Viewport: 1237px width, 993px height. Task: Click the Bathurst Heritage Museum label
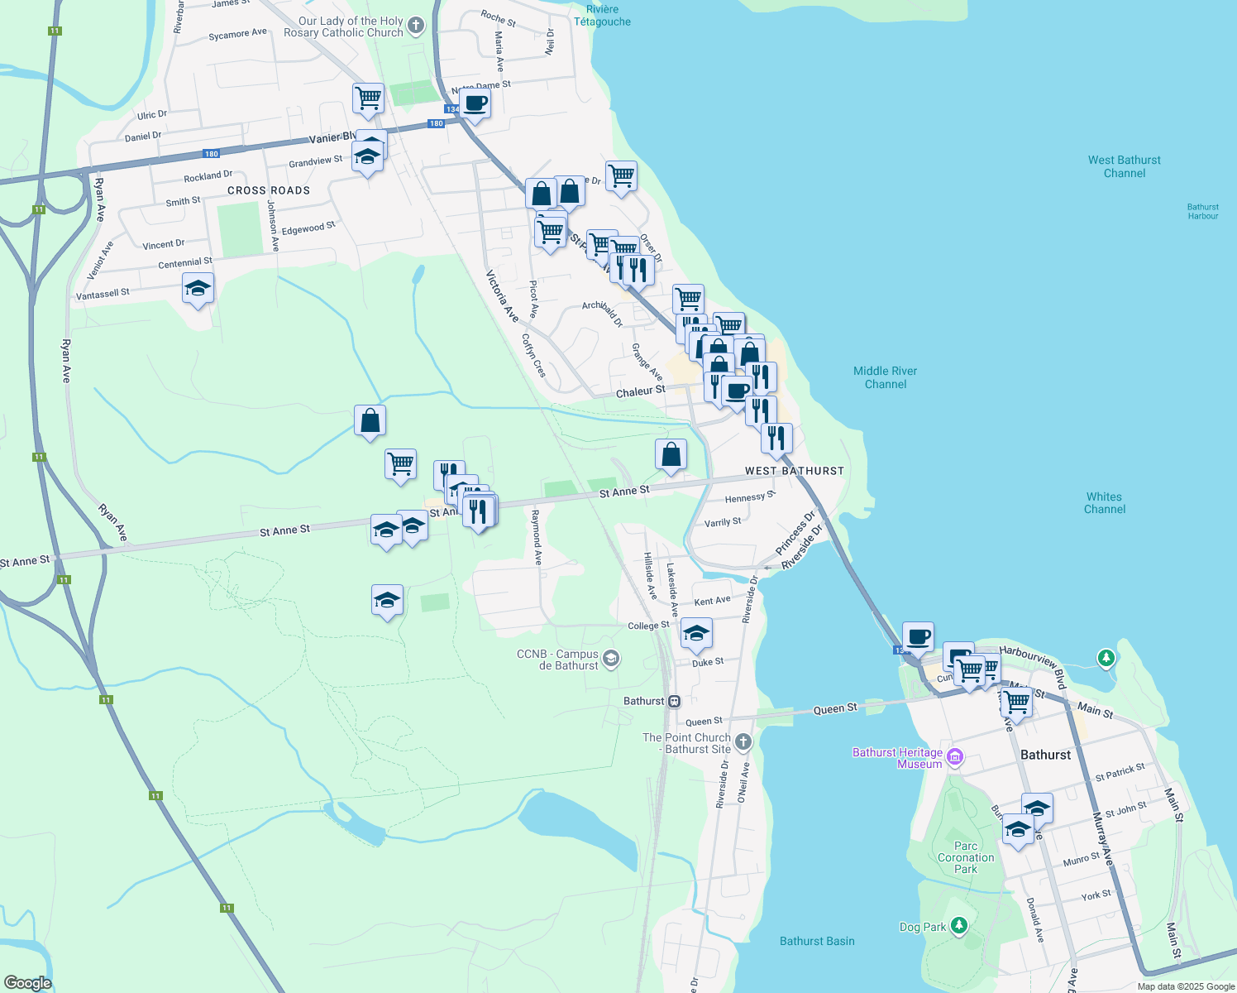click(x=897, y=758)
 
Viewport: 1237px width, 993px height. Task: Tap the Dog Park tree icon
click(x=959, y=925)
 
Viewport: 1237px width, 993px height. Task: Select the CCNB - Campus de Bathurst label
click(x=557, y=660)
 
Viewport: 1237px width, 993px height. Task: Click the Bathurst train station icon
click(x=675, y=701)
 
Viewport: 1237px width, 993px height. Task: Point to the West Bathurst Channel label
click(x=1124, y=166)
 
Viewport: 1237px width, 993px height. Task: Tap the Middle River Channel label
click(x=885, y=377)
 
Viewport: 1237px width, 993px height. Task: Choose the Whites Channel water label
click(x=1104, y=503)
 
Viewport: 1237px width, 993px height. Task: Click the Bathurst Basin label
click(x=817, y=941)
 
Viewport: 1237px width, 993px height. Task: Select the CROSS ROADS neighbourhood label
click(x=269, y=190)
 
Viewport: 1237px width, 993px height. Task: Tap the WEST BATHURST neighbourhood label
click(x=794, y=471)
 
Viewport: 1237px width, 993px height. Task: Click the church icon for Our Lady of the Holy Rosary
click(x=416, y=26)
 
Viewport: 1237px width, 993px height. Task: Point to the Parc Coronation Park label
click(x=966, y=857)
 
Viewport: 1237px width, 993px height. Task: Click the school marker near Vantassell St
click(x=198, y=290)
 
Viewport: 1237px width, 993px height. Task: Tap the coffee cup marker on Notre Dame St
click(x=475, y=104)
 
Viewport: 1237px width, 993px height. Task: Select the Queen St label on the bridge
click(x=835, y=709)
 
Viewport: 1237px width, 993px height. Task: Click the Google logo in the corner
click(x=27, y=983)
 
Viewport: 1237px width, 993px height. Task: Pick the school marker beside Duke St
click(x=696, y=635)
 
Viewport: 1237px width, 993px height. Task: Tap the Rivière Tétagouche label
click(x=602, y=16)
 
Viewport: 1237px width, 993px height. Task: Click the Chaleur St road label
click(x=640, y=391)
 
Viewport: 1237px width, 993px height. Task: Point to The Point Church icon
click(x=743, y=741)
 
